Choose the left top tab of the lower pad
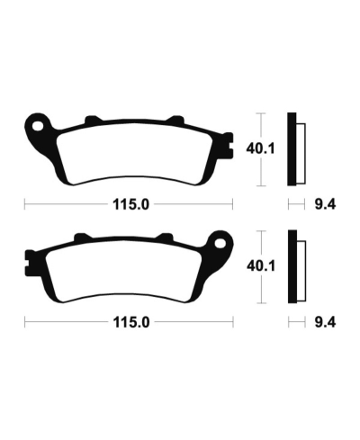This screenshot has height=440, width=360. point(79,238)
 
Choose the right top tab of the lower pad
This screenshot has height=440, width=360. point(165,238)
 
